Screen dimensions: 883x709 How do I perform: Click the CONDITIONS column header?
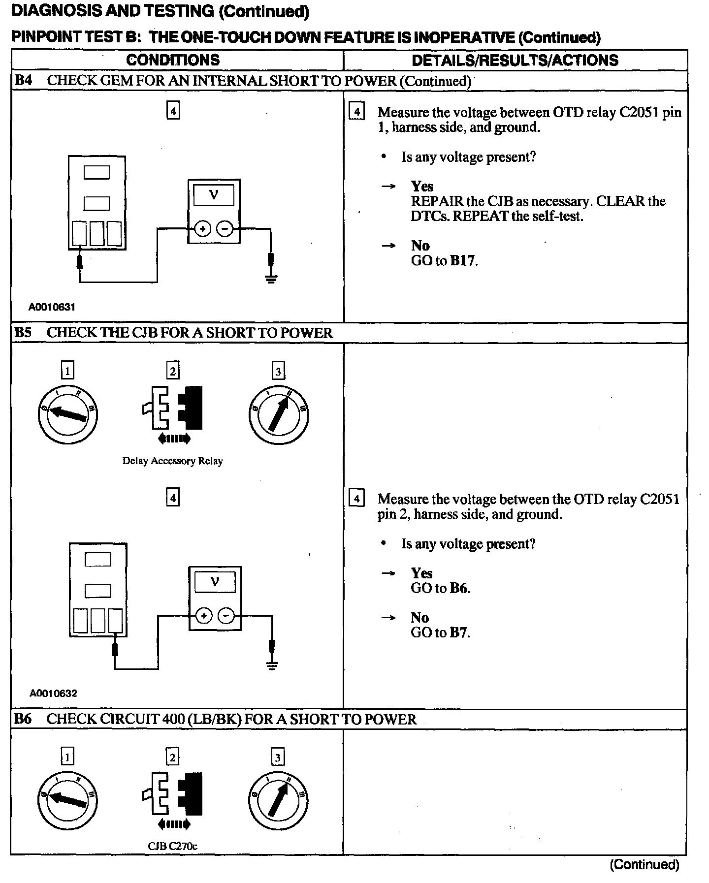point(173,60)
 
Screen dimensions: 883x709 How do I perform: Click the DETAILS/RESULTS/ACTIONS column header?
point(515,60)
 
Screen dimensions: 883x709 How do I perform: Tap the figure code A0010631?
point(52,307)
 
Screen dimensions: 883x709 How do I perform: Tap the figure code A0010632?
point(53,694)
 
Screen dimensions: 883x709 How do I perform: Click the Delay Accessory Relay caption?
point(172,461)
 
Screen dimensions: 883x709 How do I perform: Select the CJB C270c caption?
point(172,846)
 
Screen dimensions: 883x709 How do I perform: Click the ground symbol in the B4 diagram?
point(271,279)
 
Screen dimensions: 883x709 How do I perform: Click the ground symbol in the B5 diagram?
point(271,666)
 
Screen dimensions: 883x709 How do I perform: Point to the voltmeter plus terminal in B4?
point(202,229)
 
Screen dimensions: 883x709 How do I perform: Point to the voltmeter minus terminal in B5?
point(226,616)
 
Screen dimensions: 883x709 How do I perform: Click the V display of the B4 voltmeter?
point(214,195)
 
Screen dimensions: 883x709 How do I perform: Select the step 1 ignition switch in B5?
point(68,414)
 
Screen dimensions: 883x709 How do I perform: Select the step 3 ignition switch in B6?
point(278,800)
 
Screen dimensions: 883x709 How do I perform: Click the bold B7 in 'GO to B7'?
point(459,632)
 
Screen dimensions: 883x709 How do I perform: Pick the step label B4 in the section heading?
point(23,81)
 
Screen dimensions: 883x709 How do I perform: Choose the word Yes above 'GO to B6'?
point(422,573)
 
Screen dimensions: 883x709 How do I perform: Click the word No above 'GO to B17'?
point(420,246)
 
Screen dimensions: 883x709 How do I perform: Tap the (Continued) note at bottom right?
point(644,864)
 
